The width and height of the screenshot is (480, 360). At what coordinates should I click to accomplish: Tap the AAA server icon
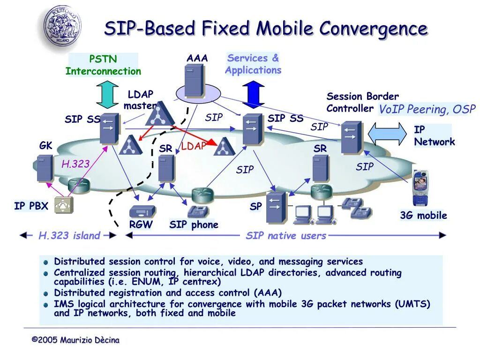(194, 81)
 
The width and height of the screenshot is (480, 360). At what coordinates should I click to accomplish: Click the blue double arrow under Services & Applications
(254, 94)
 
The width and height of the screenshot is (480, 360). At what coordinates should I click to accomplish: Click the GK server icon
(45, 168)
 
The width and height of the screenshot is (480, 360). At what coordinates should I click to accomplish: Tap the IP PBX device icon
(64, 205)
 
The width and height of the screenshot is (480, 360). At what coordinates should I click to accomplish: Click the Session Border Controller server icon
(351, 137)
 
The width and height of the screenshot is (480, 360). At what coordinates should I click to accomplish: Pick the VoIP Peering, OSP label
(427, 110)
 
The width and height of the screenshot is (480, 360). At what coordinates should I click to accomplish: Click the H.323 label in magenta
(75, 164)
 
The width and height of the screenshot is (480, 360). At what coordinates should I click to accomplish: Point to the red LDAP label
(194, 146)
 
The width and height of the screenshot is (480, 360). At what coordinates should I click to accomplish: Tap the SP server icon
(276, 207)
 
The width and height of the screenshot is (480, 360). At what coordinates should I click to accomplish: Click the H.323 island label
(69, 236)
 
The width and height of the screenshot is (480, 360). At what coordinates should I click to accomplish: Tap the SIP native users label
(286, 236)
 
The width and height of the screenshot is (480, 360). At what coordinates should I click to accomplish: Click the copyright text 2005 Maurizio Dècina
(75, 340)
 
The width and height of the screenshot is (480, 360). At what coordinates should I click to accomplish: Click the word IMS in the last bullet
(62, 304)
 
